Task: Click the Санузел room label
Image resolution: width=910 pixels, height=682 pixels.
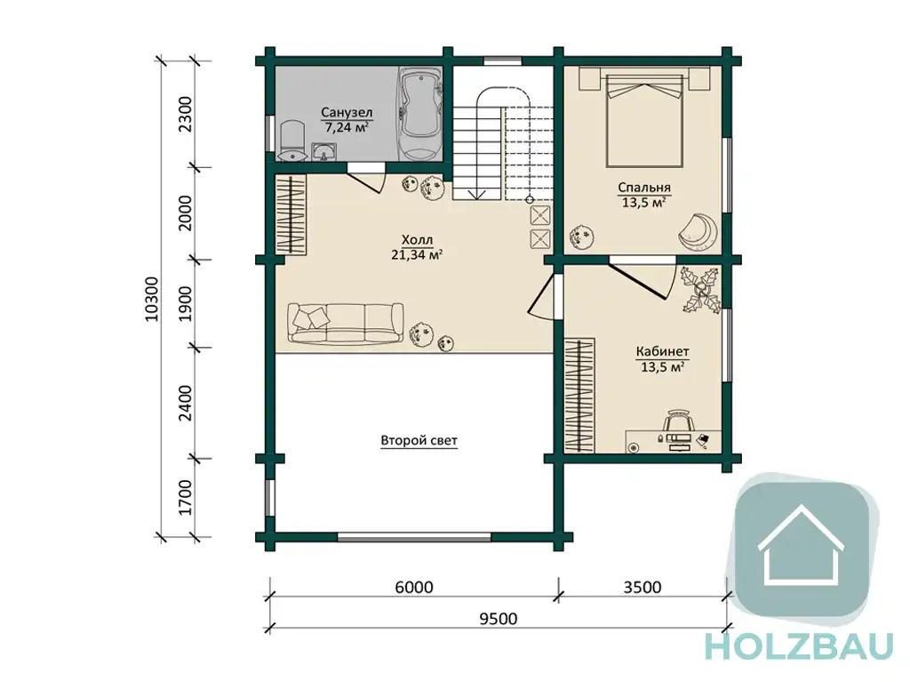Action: [347, 112]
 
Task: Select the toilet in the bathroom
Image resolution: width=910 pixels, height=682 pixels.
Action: [291, 140]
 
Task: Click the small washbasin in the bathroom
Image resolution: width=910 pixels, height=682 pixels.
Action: [324, 152]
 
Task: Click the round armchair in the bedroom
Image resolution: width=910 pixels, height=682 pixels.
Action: [698, 230]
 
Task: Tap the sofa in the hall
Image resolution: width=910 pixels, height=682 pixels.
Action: [346, 323]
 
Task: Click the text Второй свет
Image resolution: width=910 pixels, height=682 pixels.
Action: [419, 440]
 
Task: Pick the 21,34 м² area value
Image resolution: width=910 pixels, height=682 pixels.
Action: [418, 254]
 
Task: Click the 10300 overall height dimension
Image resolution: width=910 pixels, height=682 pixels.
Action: [151, 299]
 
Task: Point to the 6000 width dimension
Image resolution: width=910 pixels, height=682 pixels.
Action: [414, 588]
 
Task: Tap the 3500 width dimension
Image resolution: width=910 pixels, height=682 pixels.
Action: [643, 588]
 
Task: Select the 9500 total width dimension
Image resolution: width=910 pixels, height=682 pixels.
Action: [498, 619]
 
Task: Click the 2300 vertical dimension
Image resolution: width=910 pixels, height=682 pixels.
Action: [185, 114]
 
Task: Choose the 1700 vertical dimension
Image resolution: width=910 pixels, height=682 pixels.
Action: [185, 497]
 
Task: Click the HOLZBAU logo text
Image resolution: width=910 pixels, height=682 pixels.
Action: [799, 646]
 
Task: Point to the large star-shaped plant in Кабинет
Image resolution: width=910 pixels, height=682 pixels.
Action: [702, 289]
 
